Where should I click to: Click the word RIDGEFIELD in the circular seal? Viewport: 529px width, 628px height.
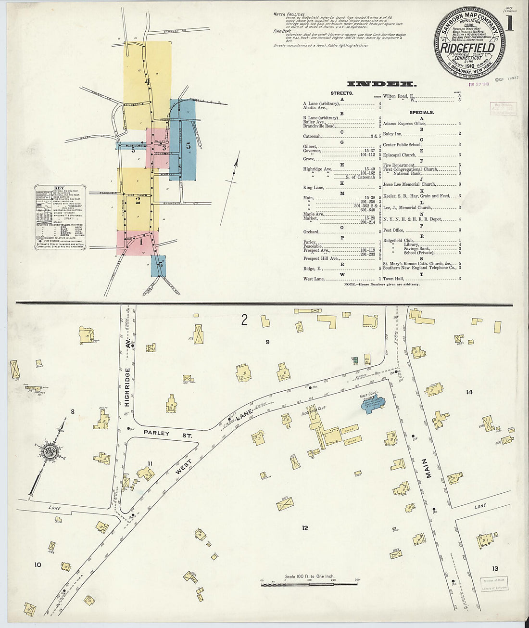(x=468, y=49)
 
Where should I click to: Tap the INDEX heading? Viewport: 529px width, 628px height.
(x=382, y=84)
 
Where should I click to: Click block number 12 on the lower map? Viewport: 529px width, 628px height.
(x=304, y=528)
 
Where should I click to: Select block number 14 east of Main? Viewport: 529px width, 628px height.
(x=469, y=392)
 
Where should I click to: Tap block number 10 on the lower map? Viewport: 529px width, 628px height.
(x=38, y=564)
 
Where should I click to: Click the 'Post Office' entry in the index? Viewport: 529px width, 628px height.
(x=393, y=230)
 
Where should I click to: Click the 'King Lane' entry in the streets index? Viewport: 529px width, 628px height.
(x=314, y=188)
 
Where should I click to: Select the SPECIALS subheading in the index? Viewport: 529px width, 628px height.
(x=421, y=112)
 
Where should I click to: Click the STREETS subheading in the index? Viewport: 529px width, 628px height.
(x=341, y=93)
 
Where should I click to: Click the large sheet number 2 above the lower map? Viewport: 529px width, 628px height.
(x=244, y=320)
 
